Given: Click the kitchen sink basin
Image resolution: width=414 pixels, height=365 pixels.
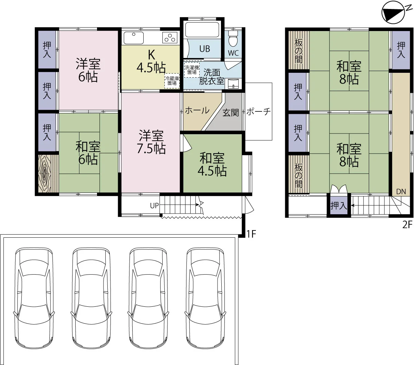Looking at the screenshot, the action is click(x=134, y=38).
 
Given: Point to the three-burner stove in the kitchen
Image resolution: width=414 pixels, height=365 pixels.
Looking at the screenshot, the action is click(x=170, y=38).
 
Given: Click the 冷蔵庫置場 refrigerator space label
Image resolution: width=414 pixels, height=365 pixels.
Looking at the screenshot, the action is click(x=172, y=81).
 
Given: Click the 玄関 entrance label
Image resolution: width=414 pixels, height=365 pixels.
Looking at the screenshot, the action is click(x=231, y=112).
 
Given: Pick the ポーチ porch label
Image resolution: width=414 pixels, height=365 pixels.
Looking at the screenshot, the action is click(x=259, y=111).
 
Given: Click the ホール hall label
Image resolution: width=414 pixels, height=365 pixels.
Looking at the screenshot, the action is click(x=197, y=110).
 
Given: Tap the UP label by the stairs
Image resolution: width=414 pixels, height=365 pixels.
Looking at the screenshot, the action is click(x=154, y=206).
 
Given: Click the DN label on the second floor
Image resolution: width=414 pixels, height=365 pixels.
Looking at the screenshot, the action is click(x=401, y=192).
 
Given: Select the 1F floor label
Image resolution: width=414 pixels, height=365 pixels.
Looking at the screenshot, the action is click(x=251, y=234).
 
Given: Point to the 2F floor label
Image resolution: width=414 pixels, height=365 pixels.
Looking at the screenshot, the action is click(x=407, y=225).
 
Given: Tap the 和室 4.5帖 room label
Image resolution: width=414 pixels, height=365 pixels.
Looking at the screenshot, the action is click(x=212, y=164).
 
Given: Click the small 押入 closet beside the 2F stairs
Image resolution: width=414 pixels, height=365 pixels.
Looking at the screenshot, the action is click(x=339, y=205).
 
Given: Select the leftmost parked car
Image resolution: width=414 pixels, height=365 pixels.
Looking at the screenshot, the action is click(x=34, y=298).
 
